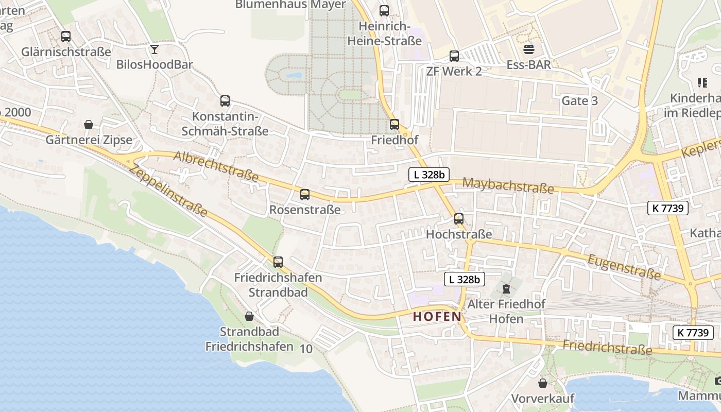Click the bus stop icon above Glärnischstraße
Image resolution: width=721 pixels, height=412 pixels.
coord(66,37)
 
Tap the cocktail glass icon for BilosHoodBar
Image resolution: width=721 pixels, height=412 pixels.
coord(154,49)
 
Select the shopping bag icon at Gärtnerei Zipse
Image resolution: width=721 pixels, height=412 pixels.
coord(89,125)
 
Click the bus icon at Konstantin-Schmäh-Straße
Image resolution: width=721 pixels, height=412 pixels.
coord(225,101)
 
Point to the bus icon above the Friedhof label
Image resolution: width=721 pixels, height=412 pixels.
coord(394,124)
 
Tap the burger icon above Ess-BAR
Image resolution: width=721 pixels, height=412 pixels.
coord(529,49)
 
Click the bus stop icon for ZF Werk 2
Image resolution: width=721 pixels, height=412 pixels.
coord(454,56)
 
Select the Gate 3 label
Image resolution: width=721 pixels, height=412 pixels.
coord(579,100)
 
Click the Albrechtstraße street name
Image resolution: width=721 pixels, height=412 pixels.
coord(216,166)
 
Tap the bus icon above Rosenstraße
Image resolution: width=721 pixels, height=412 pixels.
coord(305,195)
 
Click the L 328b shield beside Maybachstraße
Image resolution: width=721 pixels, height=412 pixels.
coord(428,175)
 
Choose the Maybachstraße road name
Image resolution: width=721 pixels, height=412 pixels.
coord(508,185)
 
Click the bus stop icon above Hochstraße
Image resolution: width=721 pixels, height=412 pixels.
coord(459,219)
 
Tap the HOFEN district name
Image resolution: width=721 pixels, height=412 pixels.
coord(437,317)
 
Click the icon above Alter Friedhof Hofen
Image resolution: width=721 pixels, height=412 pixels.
coord(506,288)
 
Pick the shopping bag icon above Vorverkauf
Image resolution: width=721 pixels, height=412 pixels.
coord(543,383)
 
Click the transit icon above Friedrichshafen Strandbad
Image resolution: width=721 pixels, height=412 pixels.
coord(278,262)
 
